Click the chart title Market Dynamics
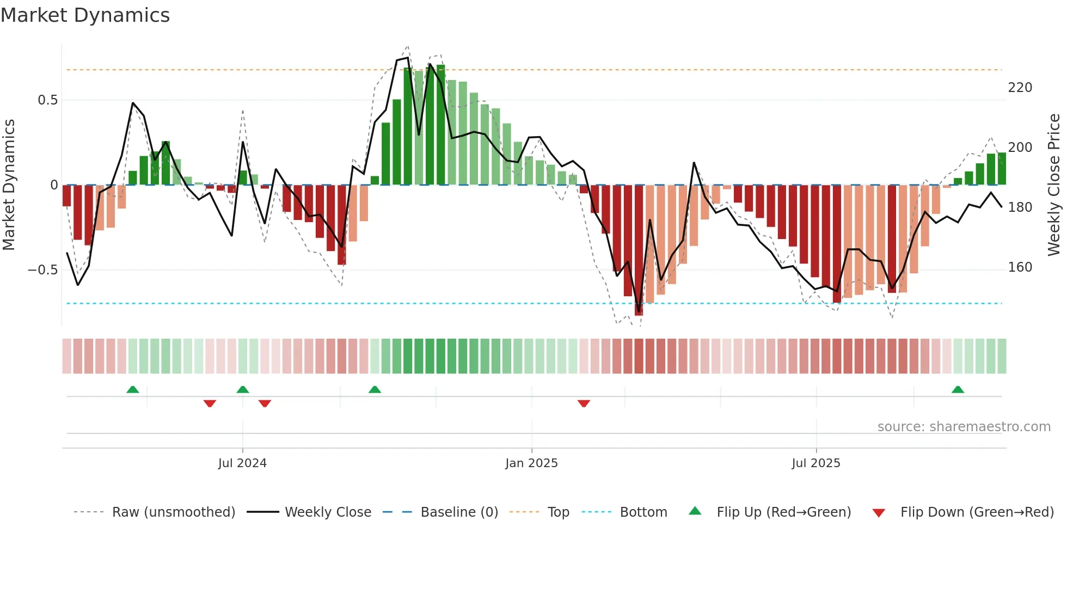(x=85, y=15)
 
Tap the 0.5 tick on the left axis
(x=47, y=100)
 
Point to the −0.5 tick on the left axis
(x=42, y=270)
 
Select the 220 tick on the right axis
(x=1020, y=88)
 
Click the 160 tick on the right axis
(x=1020, y=267)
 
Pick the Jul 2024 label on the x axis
(x=242, y=463)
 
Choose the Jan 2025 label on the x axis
(x=531, y=463)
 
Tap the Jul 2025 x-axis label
(x=815, y=463)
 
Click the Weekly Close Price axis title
(x=1054, y=185)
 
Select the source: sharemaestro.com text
(x=964, y=427)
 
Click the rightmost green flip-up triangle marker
(x=958, y=390)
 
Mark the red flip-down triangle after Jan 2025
(x=584, y=403)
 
